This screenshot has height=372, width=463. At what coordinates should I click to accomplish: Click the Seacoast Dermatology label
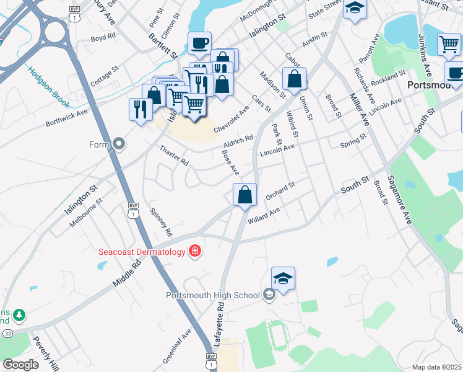pyautogui.click(x=142, y=252)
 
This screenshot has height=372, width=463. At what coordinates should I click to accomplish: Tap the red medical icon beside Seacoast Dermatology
pyautogui.click(x=195, y=250)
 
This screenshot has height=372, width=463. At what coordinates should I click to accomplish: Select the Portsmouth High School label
pyautogui.click(x=212, y=295)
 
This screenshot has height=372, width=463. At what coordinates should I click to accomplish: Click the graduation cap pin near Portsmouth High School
pyautogui.click(x=283, y=279)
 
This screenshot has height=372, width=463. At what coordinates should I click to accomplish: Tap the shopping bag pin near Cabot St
pyautogui.click(x=295, y=79)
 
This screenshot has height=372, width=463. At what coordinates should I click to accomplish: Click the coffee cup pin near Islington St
pyautogui.click(x=199, y=43)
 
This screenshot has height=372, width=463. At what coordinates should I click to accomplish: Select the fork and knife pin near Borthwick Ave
pyautogui.click(x=141, y=110)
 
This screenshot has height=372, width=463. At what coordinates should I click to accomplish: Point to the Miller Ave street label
pyautogui.click(x=359, y=110)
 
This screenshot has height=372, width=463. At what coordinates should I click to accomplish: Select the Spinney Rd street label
pyautogui.click(x=160, y=221)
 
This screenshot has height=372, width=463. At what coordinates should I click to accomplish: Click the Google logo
pyautogui.click(x=21, y=365)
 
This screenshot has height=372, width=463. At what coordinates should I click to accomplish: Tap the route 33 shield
pyautogui.click(x=7, y=333)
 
